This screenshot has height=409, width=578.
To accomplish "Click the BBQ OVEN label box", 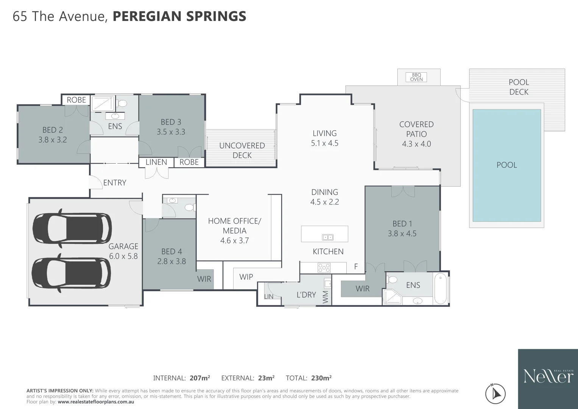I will click(416, 77).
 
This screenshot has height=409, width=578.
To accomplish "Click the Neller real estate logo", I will click(548, 376).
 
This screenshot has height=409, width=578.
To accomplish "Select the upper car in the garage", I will click(72, 228).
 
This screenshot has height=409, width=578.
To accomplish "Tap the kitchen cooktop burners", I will click(324, 268).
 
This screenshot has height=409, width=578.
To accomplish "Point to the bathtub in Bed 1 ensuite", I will click(440, 289).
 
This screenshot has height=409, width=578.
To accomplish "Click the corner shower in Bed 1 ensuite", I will click(392, 297).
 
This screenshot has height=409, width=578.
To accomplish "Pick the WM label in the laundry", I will click(326, 297).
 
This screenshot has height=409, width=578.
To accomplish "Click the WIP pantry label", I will click(246, 277).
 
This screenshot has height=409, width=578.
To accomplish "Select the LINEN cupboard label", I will click(156, 162).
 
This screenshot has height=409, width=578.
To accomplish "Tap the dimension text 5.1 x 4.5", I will click(324, 143).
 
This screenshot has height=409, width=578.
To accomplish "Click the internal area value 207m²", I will click(199, 378).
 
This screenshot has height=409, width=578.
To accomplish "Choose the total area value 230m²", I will click(321, 378).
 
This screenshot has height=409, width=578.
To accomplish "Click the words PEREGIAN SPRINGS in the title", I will click(179, 16).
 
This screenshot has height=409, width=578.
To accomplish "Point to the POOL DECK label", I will click(519, 87).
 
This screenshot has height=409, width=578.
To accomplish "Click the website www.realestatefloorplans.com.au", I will click(96, 402).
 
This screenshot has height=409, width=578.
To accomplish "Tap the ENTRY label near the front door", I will click(115, 183).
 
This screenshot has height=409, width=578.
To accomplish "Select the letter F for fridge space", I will click(356, 267).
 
